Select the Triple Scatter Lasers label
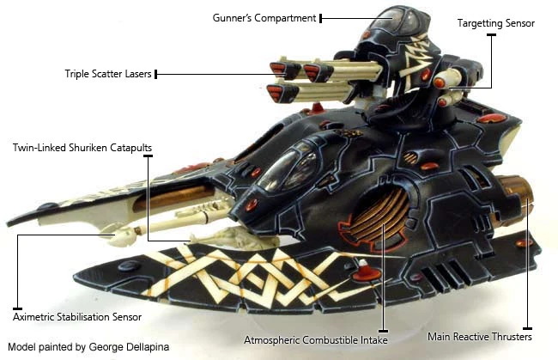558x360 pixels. click(x=109, y=74)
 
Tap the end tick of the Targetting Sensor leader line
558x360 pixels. click(x=491, y=35)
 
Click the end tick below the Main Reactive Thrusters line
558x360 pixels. click(x=527, y=328)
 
